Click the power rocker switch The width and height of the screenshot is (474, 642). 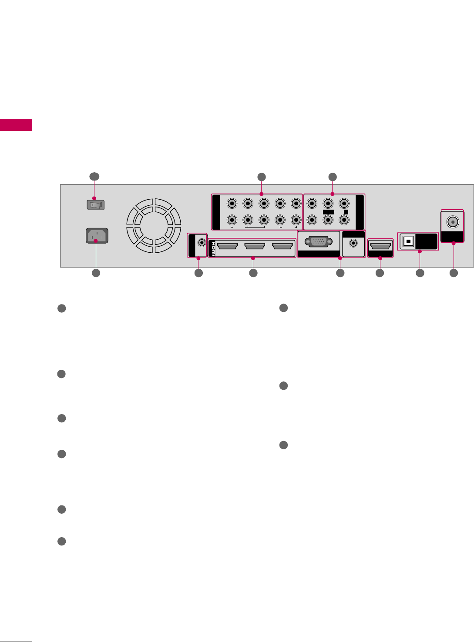[96, 204]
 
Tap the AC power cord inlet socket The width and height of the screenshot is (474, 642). [97, 236]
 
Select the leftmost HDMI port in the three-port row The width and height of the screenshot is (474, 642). [227, 246]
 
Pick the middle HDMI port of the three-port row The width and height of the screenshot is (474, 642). [255, 246]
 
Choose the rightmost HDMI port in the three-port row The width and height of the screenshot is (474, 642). [282, 246]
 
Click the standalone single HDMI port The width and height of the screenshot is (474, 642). [380, 246]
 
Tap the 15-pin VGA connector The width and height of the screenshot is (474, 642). [318, 242]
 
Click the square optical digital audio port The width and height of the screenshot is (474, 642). [408, 242]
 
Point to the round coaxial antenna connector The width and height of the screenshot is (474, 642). [453, 222]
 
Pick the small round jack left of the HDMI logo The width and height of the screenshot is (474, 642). [202, 242]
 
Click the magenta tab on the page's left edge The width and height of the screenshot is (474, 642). [16, 124]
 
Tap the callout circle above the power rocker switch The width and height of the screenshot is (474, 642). [94, 177]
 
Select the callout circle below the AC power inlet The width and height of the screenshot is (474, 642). [96, 273]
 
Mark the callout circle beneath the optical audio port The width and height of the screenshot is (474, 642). [420, 273]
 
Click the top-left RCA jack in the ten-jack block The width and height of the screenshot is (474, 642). [232, 203]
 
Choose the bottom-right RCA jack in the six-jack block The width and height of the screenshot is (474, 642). [344, 220]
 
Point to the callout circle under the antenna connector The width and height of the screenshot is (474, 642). [454, 273]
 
